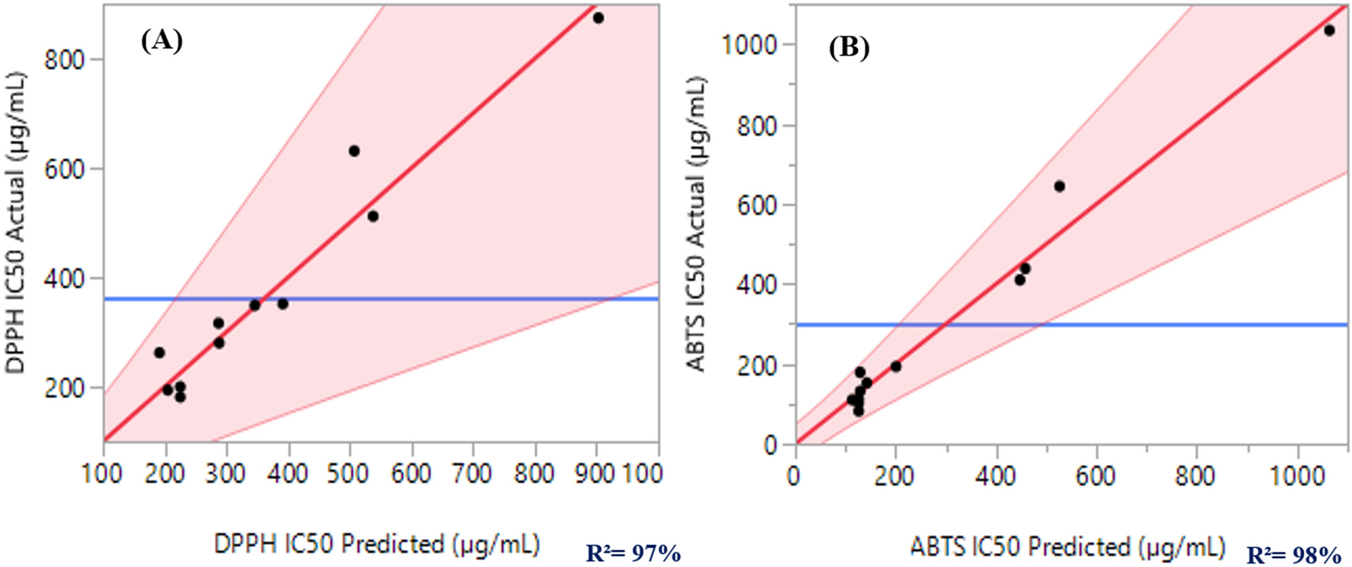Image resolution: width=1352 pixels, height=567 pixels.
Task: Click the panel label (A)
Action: [161, 40]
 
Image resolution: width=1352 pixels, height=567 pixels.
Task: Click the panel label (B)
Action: [849, 47]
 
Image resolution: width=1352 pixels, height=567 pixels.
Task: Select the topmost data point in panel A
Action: [598, 18]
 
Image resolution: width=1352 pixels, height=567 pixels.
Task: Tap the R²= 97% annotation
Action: [633, 553]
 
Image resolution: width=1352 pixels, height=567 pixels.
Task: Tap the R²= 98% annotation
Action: [1294, 555]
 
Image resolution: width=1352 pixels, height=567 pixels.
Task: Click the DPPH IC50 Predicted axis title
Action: [377, 544]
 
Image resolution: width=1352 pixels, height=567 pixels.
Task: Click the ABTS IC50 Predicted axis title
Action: [1067, 546]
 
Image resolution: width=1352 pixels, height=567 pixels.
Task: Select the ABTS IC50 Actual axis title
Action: [696, 224]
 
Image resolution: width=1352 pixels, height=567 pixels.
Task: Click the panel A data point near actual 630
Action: [354, 151]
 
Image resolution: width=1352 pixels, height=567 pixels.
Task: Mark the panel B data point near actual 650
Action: [1059, 186]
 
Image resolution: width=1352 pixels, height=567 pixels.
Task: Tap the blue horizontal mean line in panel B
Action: [1218, 325]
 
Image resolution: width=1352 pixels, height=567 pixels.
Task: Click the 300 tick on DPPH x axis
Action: [226, 473]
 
